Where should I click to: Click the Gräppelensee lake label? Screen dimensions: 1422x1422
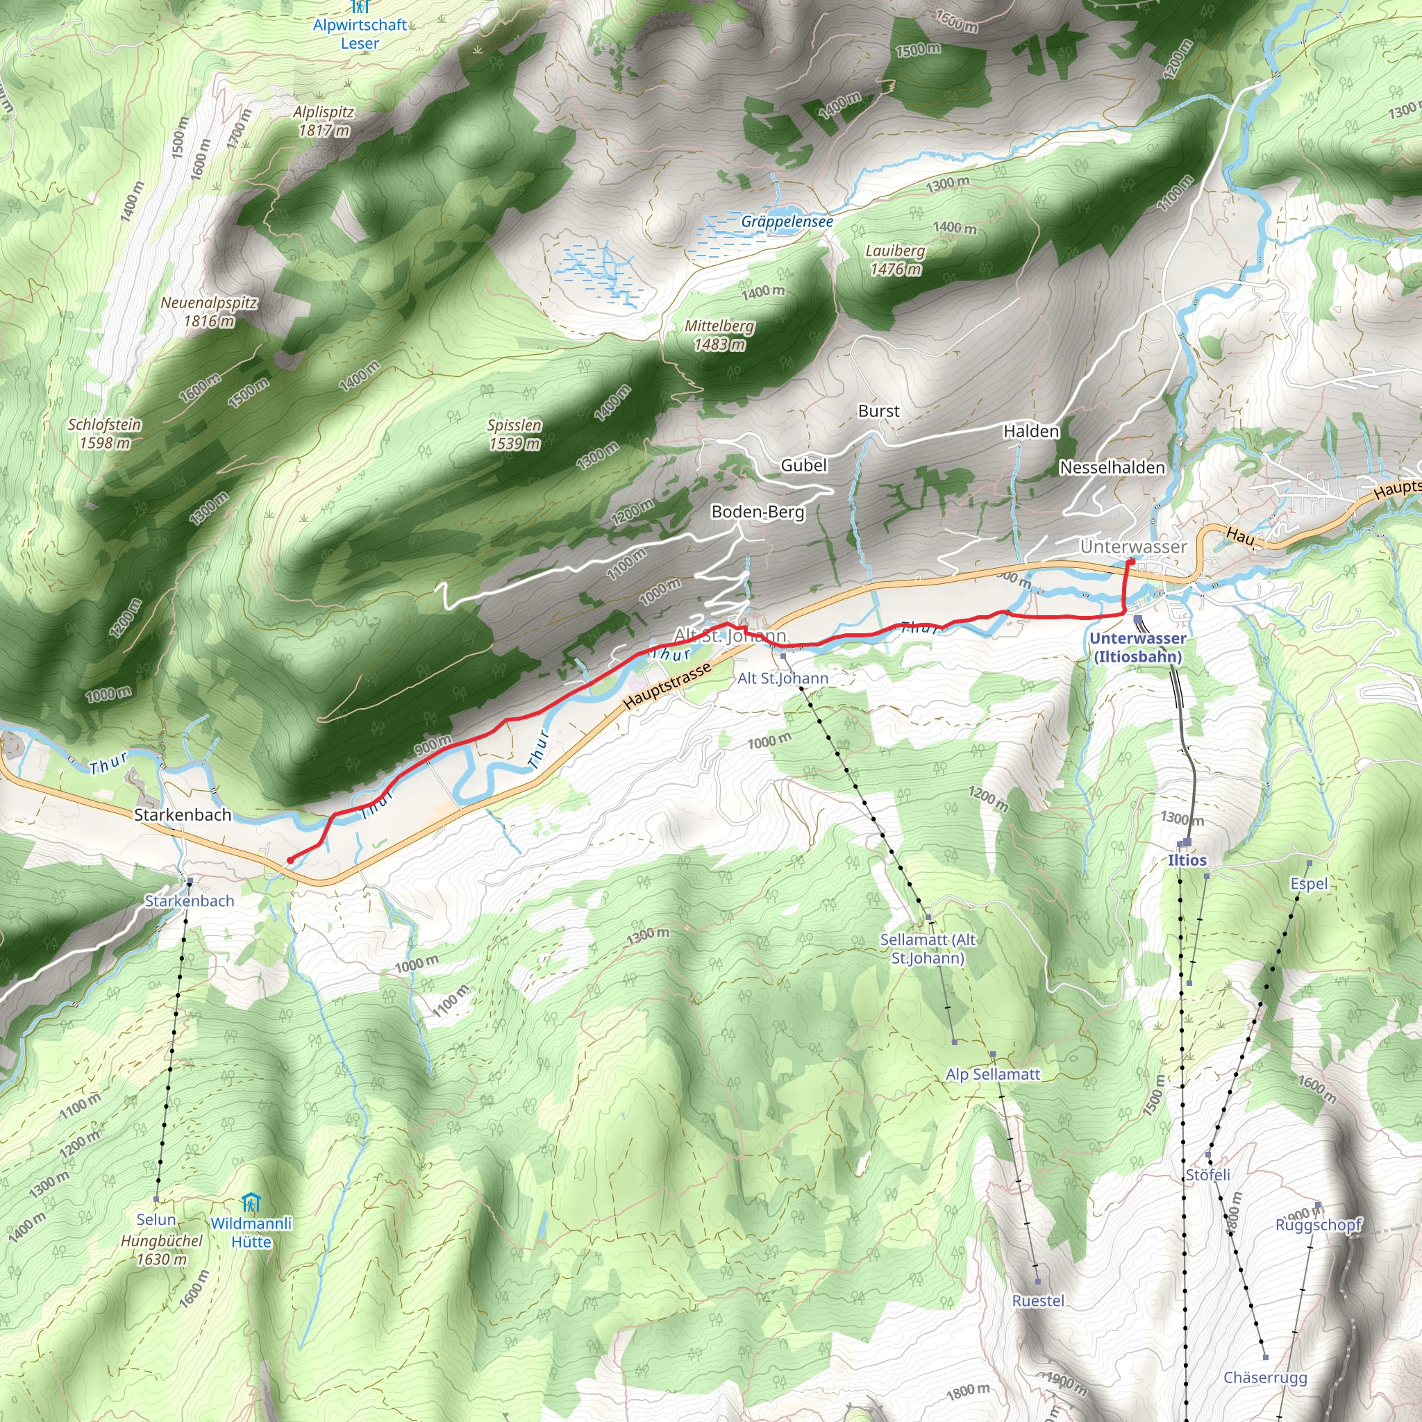[787, 221]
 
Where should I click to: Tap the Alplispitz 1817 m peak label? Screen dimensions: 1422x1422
[324, 122]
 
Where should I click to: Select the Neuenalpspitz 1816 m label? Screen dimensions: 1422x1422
[209, 312]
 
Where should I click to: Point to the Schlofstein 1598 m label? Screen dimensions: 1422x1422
[105, 433]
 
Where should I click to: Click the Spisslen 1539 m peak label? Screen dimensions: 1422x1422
[515, 434]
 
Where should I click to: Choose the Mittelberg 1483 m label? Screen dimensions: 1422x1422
[719, 335]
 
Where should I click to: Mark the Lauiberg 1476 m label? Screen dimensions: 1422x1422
[895, 260]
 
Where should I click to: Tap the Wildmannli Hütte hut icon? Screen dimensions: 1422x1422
[251, 1203]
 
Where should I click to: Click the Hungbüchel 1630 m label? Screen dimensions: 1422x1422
[161, 1250]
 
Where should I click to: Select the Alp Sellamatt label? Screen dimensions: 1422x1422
[993, 1075]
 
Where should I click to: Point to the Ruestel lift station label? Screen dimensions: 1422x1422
[1038, 1300]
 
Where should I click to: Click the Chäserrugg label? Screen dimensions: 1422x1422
[1265, 1377]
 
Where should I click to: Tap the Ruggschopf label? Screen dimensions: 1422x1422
[1319, 1225]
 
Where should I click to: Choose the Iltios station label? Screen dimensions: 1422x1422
[1187, 860]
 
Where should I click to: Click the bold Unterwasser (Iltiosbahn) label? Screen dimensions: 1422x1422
[1138, 648]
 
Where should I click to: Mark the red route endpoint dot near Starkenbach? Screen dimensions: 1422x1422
[290, 860]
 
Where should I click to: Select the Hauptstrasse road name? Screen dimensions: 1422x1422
[667, 686]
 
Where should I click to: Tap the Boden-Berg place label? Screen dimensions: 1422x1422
[758, 512]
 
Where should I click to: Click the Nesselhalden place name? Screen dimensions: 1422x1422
[1112, 467]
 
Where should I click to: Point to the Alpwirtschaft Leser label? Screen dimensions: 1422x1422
[360, 34]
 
